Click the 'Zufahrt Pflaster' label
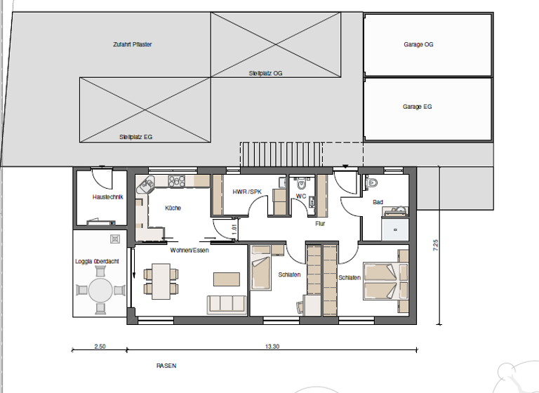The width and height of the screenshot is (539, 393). [x=132, y=44]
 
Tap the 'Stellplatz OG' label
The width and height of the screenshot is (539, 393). [x=265, y=73]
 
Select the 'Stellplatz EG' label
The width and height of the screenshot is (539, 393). [x=135, y=137]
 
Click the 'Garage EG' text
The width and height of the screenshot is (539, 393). [x=417, y=107]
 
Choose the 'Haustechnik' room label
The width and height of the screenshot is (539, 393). [x=107, y=197]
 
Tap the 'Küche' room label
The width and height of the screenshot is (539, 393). [x=173, y=208]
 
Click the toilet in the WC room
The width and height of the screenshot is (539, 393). [x=302, y=185]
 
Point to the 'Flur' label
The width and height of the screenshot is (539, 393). [x=321, y=224]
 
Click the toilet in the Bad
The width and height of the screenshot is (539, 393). [x=372, y=183]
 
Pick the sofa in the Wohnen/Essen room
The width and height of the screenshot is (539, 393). [x=227, y=304]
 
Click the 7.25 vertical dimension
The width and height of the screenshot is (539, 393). [x=436, y=246]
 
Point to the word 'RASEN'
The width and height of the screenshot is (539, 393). [x=166, y=366]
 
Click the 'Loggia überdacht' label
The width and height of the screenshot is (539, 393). [x=97, y=261]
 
